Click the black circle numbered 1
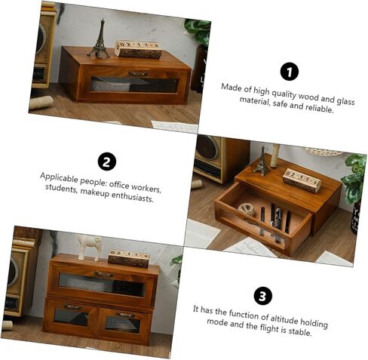[x=290, y=72]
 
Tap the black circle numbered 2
[x=107, y=162]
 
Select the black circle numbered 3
[x=262, y=296]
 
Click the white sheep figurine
[x=89, y=248]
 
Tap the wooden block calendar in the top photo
[x=138, y=50]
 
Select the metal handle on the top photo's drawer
[x=138, y=74]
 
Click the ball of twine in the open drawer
[x=247, y=209]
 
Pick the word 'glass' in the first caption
[x=345, y=100]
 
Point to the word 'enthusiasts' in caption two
[x=132, y=197]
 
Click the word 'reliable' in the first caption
[x=319, y=108]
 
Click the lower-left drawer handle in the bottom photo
[x=72, y=306]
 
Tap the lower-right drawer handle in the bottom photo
[x=125, y=315]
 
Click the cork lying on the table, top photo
[x=41, y=103]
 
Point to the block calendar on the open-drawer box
[x=302, y=180]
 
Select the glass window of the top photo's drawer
[x=134, y=85]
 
